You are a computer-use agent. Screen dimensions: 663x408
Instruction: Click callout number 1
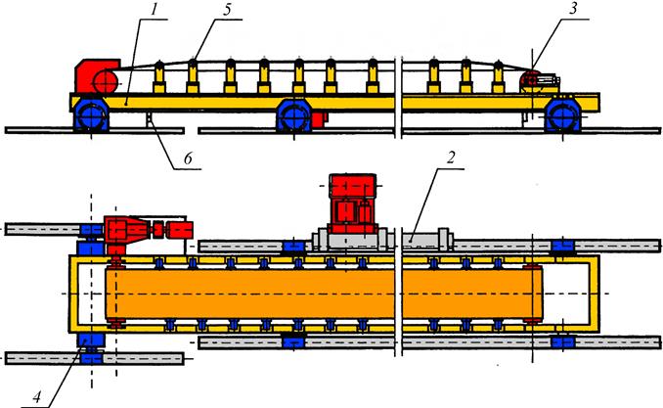click(155, 10)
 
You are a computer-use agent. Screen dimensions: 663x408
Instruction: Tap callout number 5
click(228, 10)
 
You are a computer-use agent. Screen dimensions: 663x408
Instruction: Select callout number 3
click(573, 10)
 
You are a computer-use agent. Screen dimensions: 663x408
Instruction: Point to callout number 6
click(188, 159)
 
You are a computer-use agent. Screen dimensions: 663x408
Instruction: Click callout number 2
click(451, 159)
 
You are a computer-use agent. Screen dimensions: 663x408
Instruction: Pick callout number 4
click(37, 397)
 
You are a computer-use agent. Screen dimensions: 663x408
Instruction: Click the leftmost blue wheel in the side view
click(91, 116)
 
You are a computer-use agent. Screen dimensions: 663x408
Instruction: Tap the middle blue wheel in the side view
click(293, 117)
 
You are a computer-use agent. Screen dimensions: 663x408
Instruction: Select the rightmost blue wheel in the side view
click(562, 115)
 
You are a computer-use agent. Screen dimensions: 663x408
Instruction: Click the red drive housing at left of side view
click(97, 76)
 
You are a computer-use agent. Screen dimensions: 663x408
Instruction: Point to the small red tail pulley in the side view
click(529, 79)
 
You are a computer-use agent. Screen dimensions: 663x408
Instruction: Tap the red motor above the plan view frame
click(352, 204)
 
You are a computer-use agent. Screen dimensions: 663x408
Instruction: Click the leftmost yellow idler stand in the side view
click(159, 77)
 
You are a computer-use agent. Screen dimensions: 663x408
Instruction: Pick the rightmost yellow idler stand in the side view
click(499, 77)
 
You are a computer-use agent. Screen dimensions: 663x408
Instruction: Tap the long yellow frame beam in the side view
click(334, 102)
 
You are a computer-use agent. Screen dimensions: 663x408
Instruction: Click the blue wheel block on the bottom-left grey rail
click(91, 359)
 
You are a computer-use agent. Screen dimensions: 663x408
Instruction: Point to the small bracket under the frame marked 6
click(149, 118)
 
